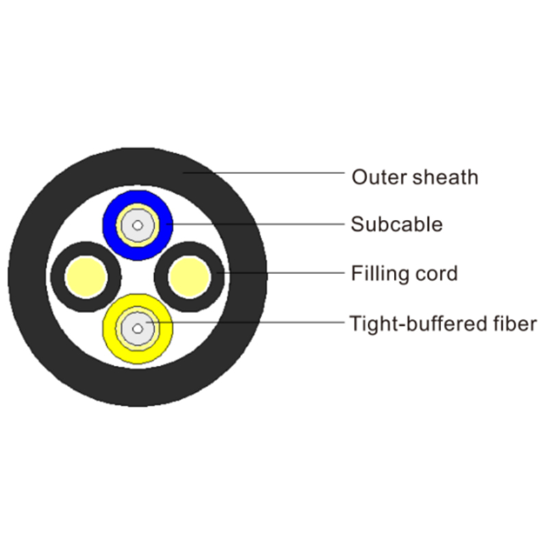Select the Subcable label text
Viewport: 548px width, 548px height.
click(x=397, y=224)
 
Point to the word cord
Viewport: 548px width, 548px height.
click(x=439, y=274)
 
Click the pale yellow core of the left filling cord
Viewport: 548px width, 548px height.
click(x=86, y=277)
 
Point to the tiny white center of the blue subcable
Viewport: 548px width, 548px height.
click(x=138, y=225)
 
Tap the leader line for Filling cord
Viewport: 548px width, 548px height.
click(x=288, y=273)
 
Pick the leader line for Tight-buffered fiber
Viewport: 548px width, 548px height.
click(x=260, y=323)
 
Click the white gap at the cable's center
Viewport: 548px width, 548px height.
click(x=138, y=277)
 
